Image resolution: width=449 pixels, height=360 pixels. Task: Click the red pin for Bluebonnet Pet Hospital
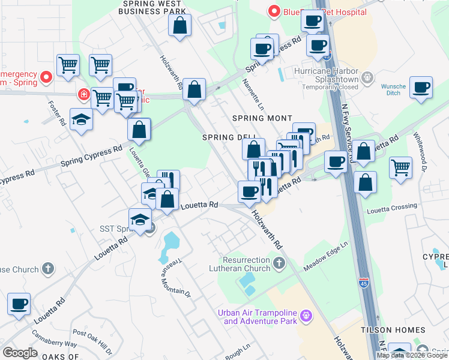(x=274, y=11)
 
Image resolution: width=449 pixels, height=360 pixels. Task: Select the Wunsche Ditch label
(x=393, y=90)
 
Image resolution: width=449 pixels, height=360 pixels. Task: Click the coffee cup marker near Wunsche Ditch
(x=421, y=88)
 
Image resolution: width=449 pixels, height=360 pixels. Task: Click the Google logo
(x=20, y=353)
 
